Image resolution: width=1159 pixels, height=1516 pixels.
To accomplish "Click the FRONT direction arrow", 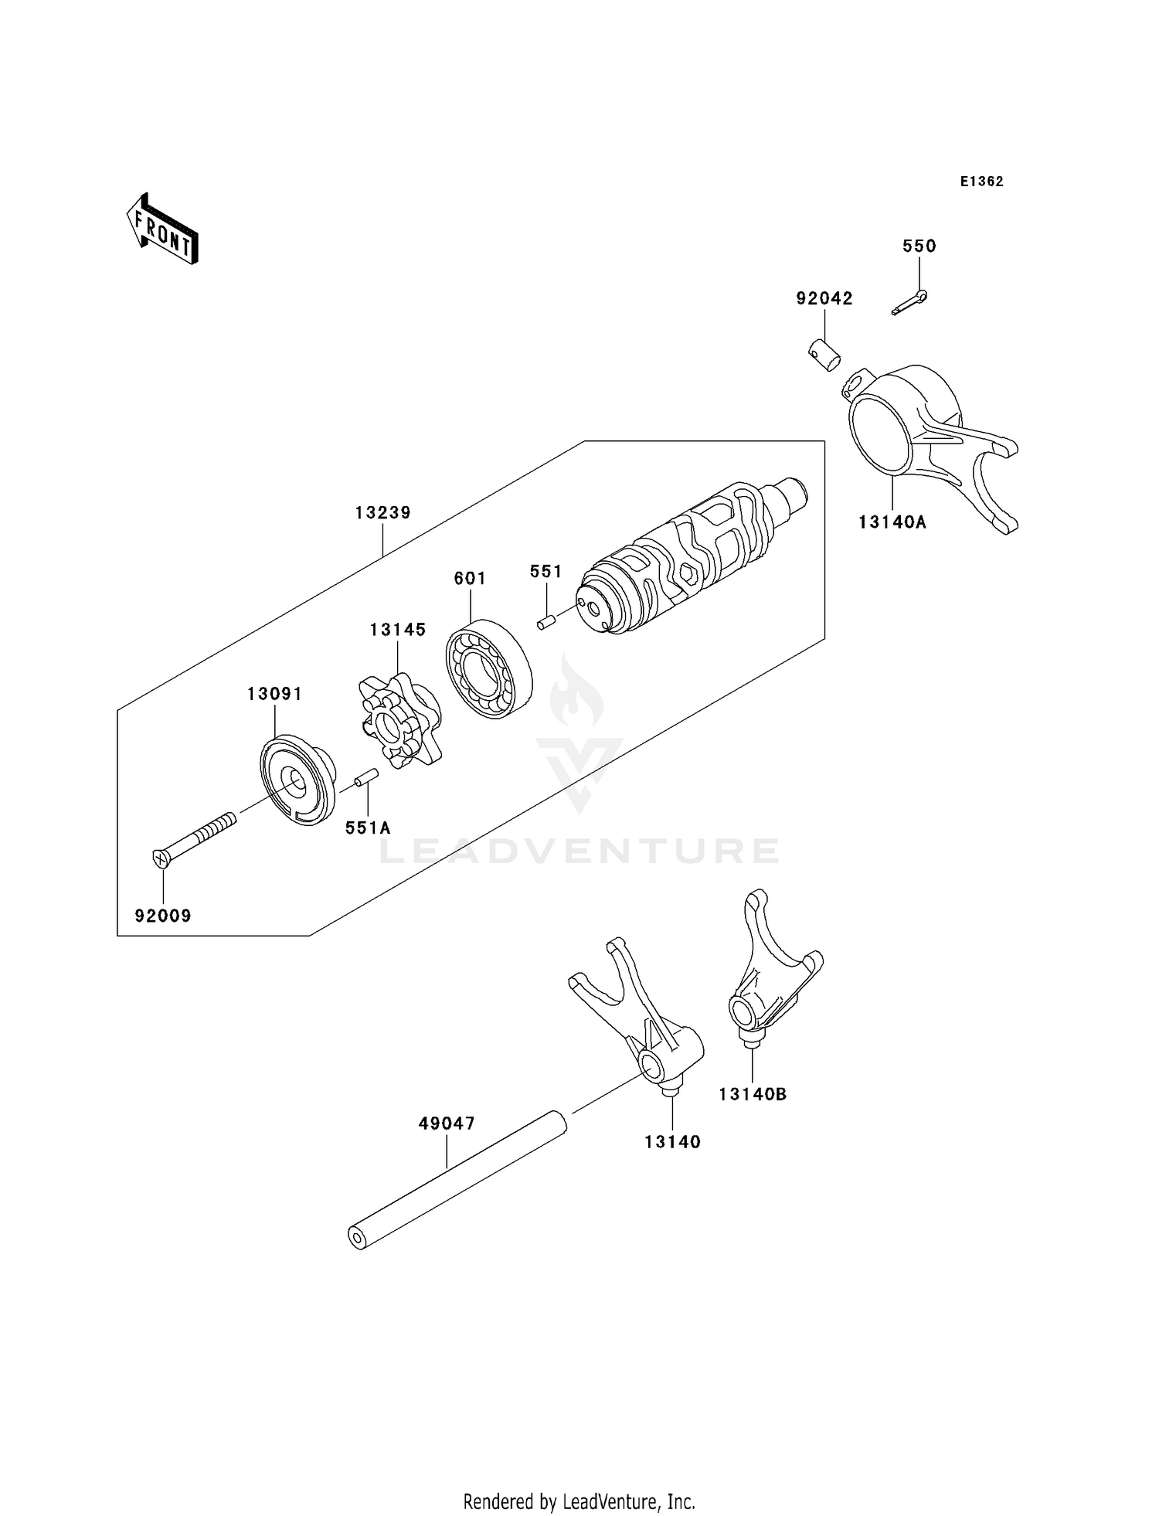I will click(x=163, y=230).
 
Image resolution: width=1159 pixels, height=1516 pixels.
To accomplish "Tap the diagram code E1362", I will click(x=981, y=182).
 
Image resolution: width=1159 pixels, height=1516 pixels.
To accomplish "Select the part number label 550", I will click(x=919, y=246).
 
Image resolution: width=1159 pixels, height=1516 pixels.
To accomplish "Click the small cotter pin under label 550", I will click(x=909, y=302).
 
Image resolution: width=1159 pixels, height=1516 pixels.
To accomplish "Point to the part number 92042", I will click(x=824, y=298).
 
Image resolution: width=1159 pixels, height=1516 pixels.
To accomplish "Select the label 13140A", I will click(x=892, y=522).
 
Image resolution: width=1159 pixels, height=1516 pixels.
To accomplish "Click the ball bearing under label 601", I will click(x=489, y=668).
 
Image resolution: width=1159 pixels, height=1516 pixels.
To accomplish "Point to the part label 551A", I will click(x=368, y=828).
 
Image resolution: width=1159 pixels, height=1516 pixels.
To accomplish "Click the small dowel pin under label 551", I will click(x=546, y=620).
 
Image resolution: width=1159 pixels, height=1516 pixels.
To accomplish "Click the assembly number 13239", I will click(x=382, y=512).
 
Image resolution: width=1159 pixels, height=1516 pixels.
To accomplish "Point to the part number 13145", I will click(x=397, y=630).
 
